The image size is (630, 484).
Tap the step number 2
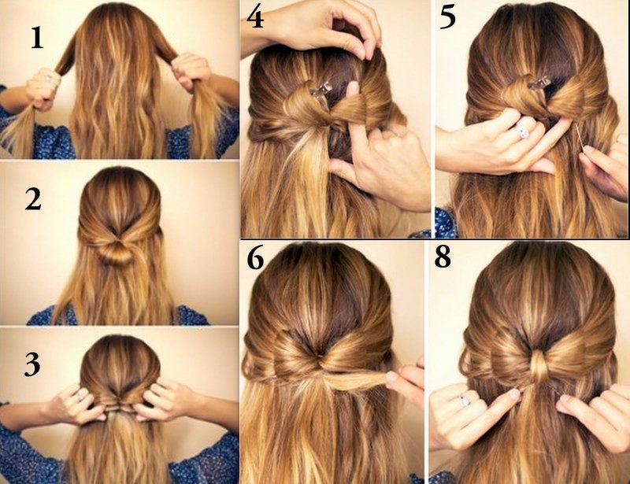click(x=32, y=200)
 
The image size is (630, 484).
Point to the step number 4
click(x=256, y=17)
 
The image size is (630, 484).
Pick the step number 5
click(x=448, y=17)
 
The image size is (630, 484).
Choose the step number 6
click(x=256, y=260)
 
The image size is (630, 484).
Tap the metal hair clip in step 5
click(x=539, y=82)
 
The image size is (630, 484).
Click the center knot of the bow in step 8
click(x=538, y=367)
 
